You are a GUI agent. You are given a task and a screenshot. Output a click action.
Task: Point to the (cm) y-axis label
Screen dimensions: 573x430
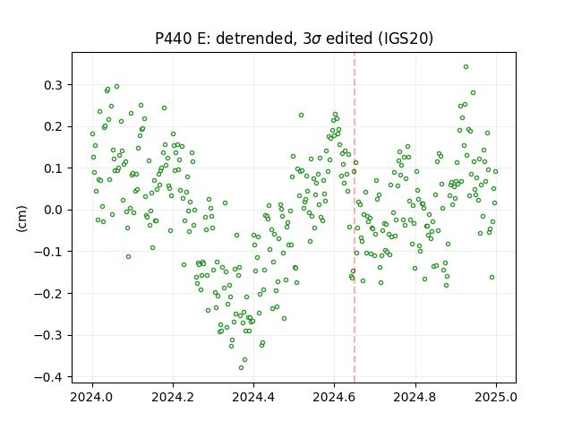21,219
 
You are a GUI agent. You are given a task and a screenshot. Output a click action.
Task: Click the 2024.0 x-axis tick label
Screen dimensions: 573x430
92,397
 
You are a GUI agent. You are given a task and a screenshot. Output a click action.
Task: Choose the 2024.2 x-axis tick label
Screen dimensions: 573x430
173,397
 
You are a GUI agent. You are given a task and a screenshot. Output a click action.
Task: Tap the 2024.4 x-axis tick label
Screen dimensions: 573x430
253,397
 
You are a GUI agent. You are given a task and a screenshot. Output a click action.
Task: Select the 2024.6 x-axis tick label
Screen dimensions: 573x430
334,397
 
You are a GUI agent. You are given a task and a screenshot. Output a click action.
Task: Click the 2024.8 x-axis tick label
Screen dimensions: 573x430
415,397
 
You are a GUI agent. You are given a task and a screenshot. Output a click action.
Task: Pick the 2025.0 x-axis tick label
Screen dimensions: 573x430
496,397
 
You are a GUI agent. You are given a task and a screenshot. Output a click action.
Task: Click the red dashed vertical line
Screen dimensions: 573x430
355,218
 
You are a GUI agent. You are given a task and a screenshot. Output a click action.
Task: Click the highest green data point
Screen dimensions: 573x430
466,67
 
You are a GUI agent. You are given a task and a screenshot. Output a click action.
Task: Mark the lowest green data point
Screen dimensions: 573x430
241,367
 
